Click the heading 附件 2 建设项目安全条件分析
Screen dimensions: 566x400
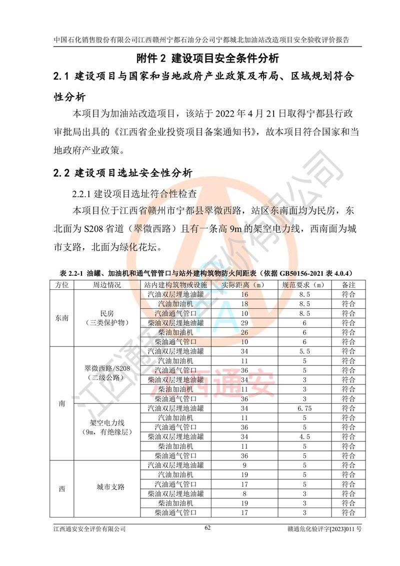207,58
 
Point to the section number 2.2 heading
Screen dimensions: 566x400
63,174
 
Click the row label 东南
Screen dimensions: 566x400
61,318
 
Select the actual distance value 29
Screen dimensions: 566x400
244,323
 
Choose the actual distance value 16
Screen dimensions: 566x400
244,294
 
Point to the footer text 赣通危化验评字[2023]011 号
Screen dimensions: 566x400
324,528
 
